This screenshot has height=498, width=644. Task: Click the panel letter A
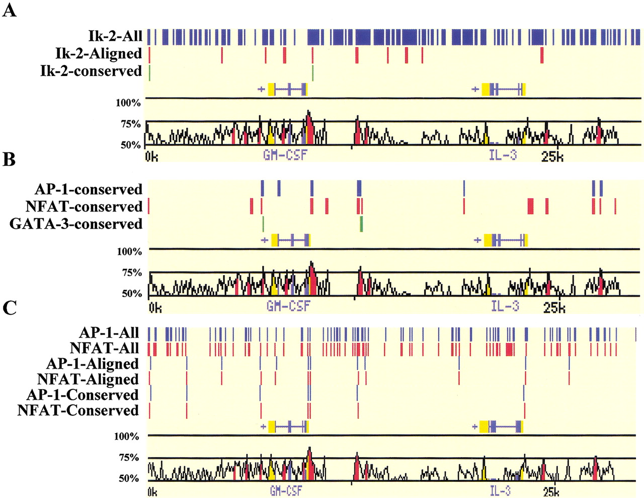tap(10, 10)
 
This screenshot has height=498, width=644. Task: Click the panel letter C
tap(9, 308)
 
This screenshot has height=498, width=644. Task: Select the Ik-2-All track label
tap(115, 36)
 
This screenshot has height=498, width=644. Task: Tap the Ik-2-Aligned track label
tap(99, 53)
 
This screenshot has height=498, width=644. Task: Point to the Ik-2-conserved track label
tap(91, 71)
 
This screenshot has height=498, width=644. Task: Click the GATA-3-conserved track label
tap(76, 224)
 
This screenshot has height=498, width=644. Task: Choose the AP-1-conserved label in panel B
tap(89, 189)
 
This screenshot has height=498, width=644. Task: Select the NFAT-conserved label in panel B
tap(84, 206)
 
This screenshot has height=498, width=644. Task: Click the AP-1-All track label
tap(109, 332)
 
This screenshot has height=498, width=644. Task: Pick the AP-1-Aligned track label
tap(92, 364)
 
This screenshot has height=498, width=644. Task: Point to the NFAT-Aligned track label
tap(88, 379)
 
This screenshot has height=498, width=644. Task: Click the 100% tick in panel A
tap(128, 103)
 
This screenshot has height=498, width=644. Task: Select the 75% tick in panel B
tap(132, 272)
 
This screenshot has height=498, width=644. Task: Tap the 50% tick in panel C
tap(128, 478)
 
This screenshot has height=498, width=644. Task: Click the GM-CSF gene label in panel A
tap(285, 155)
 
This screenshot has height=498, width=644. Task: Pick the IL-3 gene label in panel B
tap(505, 306)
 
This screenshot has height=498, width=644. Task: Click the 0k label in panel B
tap(155, 307)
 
